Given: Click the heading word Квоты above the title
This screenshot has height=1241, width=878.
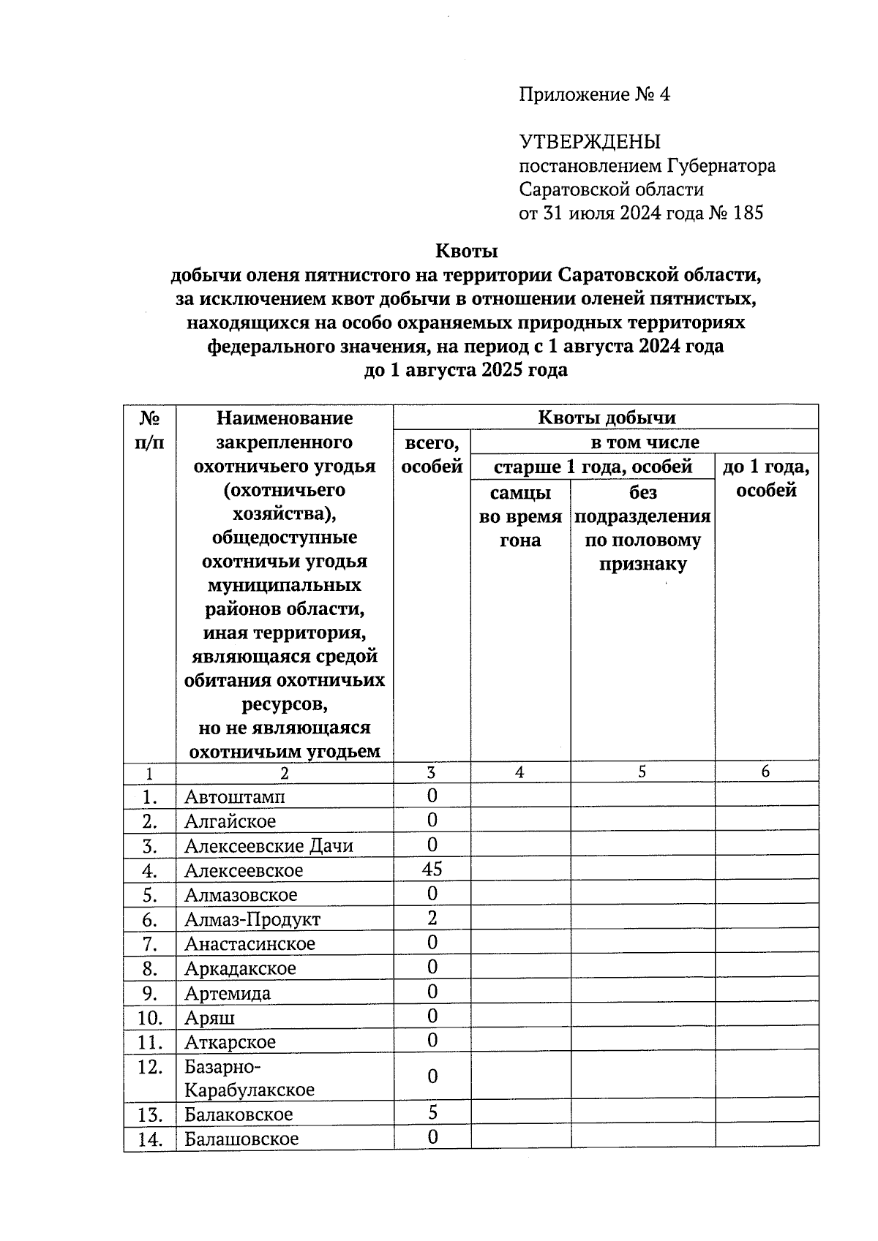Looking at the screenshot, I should (466, 251).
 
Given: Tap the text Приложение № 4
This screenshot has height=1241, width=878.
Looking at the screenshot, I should (594, 94).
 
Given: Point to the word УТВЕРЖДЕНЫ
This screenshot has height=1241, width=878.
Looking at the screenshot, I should (590, 142).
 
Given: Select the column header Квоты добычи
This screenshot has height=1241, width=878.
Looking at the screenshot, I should (606, 418).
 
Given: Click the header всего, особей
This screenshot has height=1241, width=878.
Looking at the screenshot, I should (432, 454).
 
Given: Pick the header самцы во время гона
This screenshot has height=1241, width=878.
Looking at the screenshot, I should (519, 516).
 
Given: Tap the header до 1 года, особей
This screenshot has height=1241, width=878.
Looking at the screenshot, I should (765, 478).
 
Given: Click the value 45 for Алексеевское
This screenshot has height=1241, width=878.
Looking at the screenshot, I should (432, 869).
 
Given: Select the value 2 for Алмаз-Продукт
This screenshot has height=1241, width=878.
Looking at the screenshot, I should (432, 918).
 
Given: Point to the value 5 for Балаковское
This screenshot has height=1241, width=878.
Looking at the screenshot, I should (432, 1113).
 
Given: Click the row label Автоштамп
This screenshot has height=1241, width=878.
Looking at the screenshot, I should (234, 796).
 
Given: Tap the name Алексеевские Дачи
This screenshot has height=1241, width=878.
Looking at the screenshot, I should (269, 846).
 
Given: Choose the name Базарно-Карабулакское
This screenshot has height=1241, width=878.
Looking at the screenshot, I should (249, 1078).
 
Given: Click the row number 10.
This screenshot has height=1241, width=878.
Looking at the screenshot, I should (149, 1017).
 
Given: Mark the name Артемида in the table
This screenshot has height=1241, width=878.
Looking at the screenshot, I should (228, 993).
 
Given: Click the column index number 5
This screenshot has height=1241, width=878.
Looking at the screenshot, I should (642, 772).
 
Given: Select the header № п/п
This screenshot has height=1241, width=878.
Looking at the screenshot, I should (149, 430).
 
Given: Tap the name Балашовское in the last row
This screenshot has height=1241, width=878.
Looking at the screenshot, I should (241, 1139).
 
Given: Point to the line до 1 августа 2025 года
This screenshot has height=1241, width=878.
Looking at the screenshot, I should (466, 370).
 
